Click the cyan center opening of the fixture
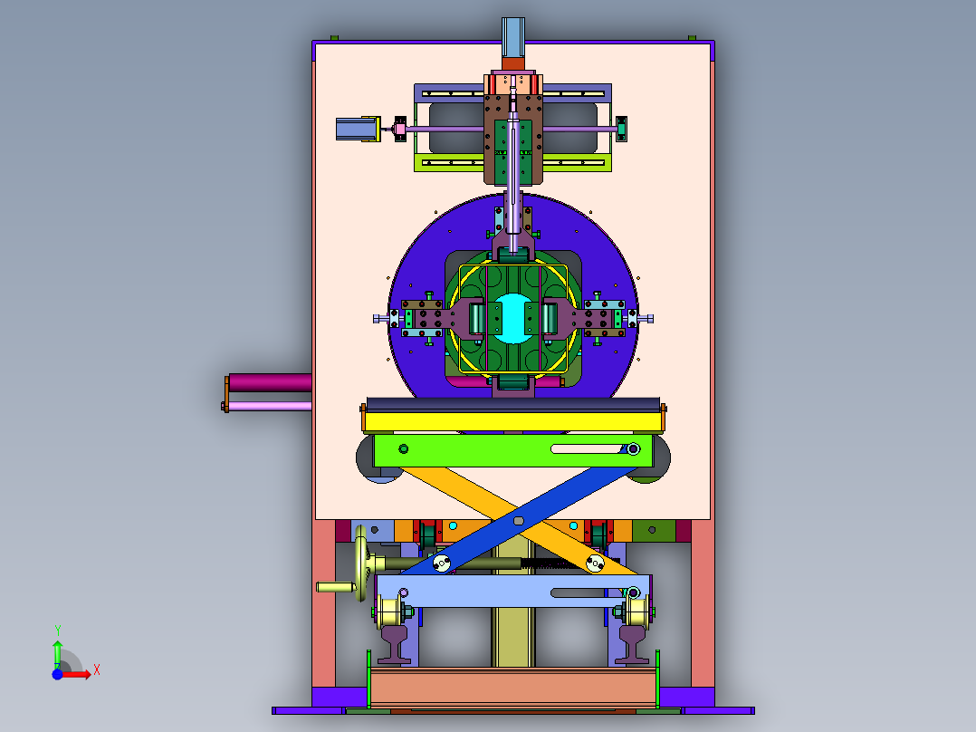coord(512,318)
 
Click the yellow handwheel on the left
coord(361,563)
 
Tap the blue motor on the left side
coord(356,129)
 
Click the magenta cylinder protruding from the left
coord(270,382)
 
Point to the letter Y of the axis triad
coord(57,630)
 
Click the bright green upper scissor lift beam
coord(512,450)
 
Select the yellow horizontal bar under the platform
coord(512,422)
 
